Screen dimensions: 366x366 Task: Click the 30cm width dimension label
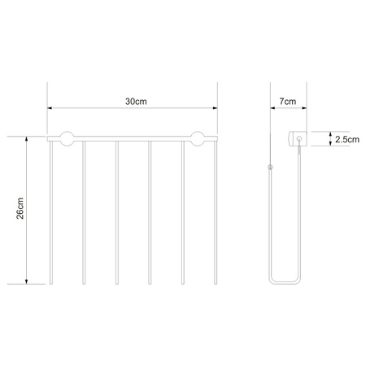click(x=136, y=102)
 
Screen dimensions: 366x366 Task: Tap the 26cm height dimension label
click(x=20, y=208)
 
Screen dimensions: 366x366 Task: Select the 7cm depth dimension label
click(x=288, y=102)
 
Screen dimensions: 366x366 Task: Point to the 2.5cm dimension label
click(x=347, y=139)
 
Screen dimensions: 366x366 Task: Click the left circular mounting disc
click(x=67, y=139)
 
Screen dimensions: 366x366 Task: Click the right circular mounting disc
click(x=198, y=139)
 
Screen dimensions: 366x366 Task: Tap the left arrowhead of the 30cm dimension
click(x=50, y=108)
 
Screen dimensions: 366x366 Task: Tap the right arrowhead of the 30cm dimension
click(x=216, y=108)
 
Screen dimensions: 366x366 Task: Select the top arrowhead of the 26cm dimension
click(x=26, y=139)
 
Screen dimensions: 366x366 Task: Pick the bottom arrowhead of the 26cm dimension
click(x=26, y=281)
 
